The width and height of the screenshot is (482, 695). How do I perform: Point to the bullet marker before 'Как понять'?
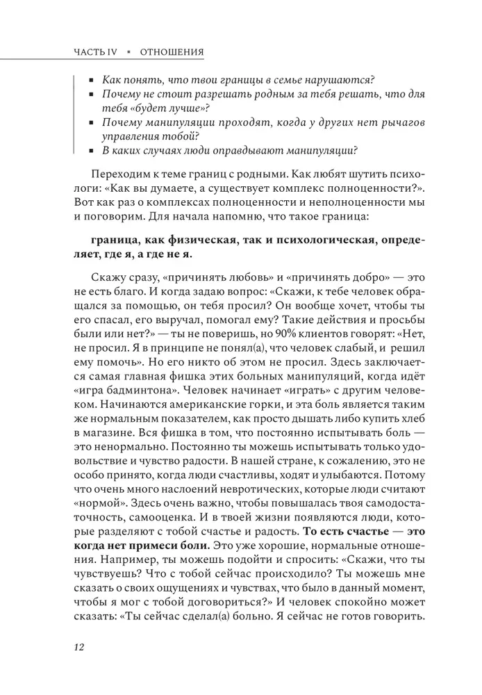point(91,83)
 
